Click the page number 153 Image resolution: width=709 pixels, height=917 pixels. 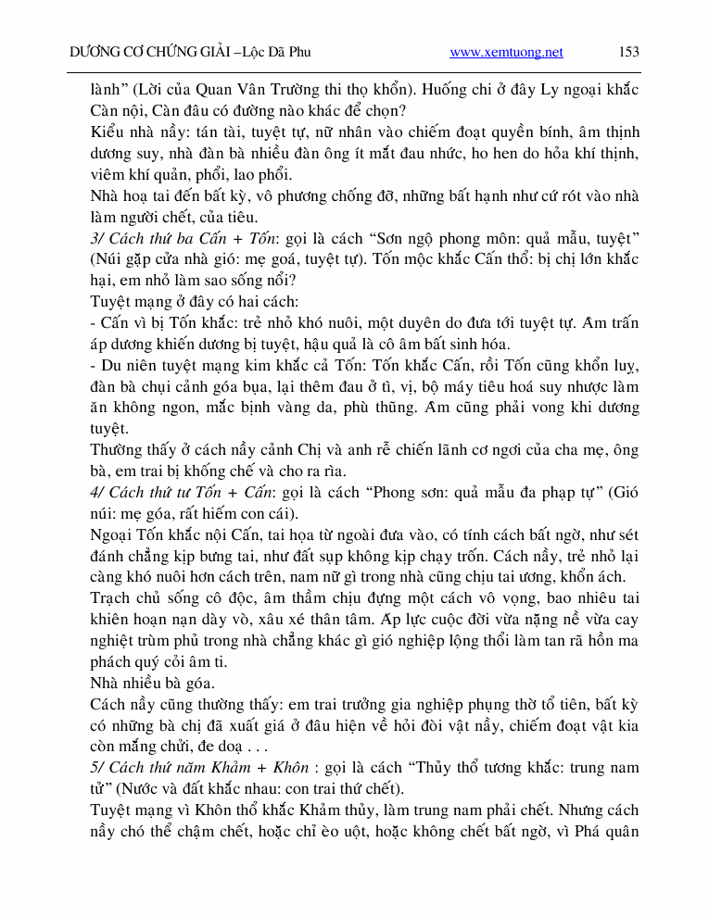click(628, 52)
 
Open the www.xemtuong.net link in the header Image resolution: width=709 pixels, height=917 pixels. click(506, 52)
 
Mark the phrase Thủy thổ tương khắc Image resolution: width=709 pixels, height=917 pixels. click(482, 768)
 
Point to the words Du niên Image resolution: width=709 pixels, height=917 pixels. click(125, 365)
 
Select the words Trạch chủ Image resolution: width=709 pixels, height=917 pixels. click(124, 598)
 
